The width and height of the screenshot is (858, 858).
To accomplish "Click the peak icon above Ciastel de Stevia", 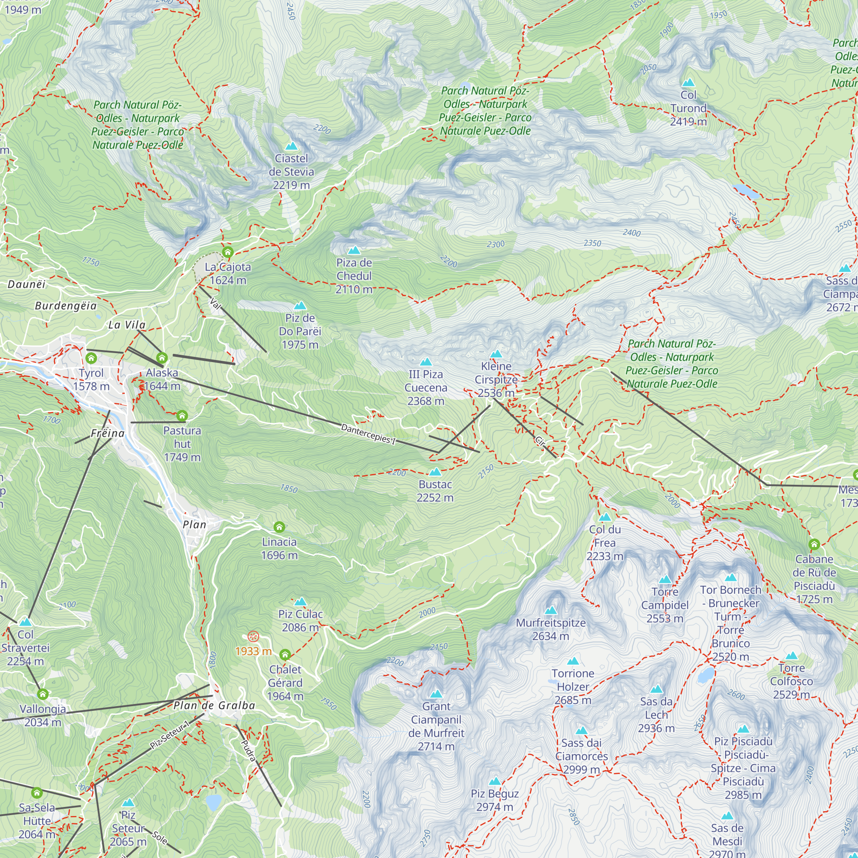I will point(291,146).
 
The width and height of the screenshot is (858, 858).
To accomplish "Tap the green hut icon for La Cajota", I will point(228,253).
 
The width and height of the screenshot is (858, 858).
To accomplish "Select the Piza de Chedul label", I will point(354,276).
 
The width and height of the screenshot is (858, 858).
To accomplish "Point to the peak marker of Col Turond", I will point(688,83).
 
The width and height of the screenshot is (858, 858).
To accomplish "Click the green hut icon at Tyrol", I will point(91,358).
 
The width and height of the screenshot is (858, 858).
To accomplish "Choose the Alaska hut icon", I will point(162,357).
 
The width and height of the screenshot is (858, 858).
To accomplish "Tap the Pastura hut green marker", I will point(182,416).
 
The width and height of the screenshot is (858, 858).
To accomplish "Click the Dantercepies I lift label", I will point(368,434).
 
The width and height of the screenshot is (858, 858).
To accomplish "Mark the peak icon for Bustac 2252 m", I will point(435,471).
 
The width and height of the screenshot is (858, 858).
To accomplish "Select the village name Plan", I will point(194,525).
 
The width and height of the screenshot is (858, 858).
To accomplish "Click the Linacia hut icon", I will point(279,527).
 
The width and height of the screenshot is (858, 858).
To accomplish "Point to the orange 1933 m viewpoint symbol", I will point(253,636).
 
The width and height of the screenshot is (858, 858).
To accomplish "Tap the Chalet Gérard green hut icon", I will point(285,655).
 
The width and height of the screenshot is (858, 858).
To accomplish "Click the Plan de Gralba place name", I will point(214,705).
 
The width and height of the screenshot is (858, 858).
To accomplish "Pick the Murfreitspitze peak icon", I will point(551,610).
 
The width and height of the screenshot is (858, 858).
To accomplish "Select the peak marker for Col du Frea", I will point(605,517).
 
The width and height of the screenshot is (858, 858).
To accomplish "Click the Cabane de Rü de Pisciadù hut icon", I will point(814,544).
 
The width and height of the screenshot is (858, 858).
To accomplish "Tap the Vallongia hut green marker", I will point(42,694).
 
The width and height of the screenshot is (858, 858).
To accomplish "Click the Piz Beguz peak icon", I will point(495,781).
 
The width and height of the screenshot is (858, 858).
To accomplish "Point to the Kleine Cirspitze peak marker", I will point(496,354).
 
